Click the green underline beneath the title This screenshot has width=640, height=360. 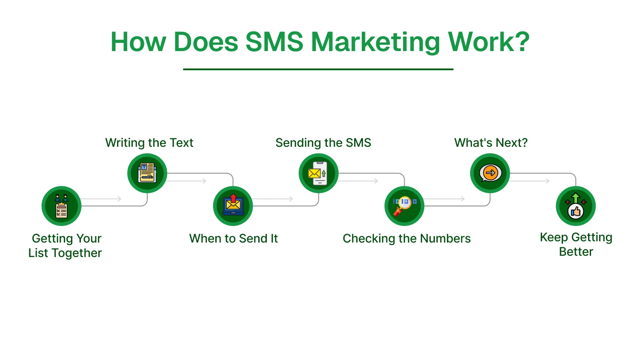click(x=318, y=69)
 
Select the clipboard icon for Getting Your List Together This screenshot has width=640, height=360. click(x=61, y=206)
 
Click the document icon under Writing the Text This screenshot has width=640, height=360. click(x=147, y=173)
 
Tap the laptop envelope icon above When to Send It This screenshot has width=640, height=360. click(x=233, y=206)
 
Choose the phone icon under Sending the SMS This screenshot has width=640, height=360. click(x=319, y=173)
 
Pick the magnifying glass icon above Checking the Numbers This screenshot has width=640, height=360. click(x=404, y=206)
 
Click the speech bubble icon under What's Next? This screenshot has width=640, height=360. click(x=490, y=173)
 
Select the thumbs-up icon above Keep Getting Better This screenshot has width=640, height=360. click(x=576, y=206)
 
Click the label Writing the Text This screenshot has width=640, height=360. click(x=149, y=143)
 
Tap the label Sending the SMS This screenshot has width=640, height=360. click(x=323, y=143)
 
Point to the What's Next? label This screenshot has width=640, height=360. click(x=491, y=143)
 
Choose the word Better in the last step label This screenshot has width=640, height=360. click(x=576, y=251)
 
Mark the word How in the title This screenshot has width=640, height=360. click(x=138, y=42)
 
